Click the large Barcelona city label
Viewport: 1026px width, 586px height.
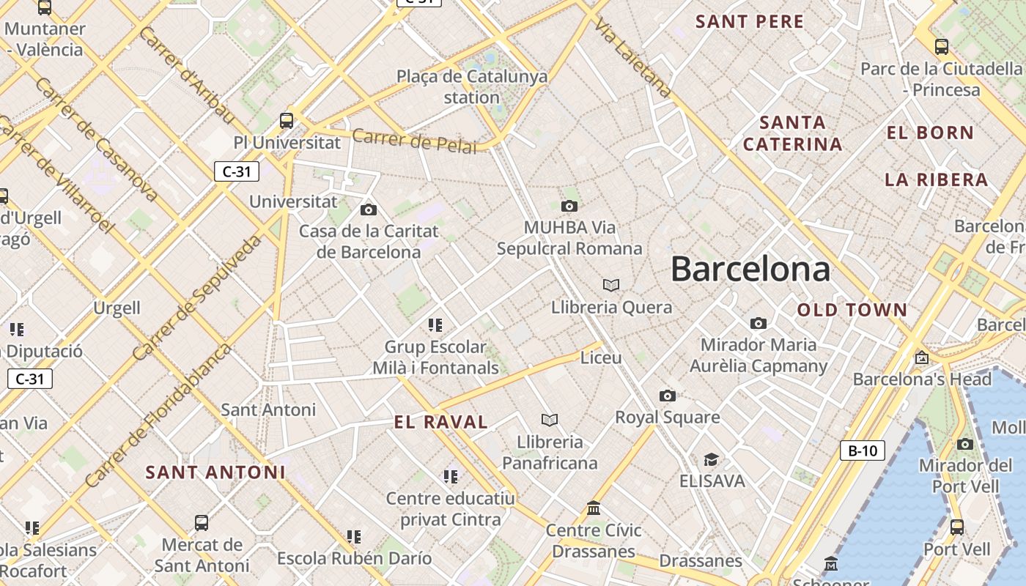[750, 269]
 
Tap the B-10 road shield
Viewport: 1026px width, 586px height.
[862, 450]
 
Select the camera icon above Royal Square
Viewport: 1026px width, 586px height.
[667, 396]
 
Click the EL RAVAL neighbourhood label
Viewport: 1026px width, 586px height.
[440, 422]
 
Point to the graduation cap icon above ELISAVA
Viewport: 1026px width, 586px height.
[711, 460]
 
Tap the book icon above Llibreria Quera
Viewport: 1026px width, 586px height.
[611, 285]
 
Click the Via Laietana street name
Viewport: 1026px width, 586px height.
[632, 57]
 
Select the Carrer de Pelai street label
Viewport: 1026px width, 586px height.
[414, 141]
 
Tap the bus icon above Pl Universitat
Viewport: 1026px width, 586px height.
[287, 121]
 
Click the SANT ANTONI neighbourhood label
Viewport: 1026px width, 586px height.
[215, 472]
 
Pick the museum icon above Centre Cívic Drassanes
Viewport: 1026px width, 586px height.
[594, 508]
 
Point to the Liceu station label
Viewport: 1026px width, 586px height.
[601, 357]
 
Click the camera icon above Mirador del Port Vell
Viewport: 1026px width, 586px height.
[965, 444]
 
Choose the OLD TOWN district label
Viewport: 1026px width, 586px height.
[852, 310]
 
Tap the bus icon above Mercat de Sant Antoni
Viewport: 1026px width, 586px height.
[202, 523]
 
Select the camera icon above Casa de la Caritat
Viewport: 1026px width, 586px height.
[369, 210]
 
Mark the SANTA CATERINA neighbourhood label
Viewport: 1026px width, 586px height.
[793, 133]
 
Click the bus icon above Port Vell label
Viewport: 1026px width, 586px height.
[957, 527]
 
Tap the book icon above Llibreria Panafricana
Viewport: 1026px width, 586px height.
[550, 420]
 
